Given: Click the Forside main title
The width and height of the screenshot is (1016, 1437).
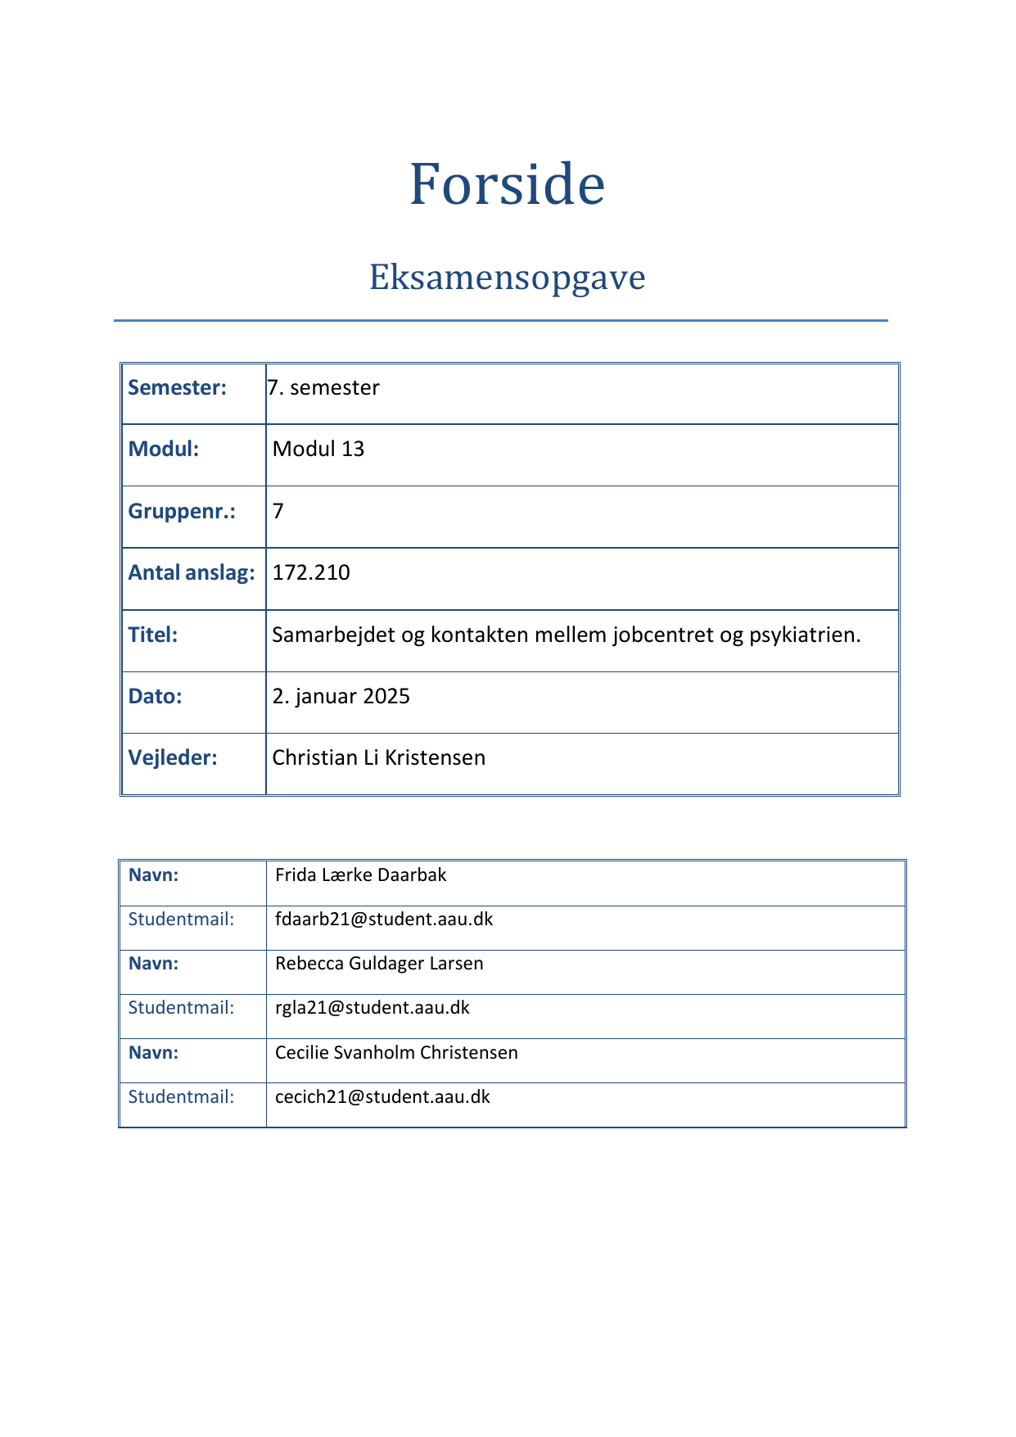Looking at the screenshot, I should click(x=507, y=184).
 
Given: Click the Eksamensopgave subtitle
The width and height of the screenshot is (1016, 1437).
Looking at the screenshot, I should click(x=507, y=278).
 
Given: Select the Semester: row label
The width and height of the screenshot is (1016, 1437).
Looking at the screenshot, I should click(x=177, y=387).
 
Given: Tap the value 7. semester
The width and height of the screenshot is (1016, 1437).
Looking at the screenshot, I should click(x=323, y=387).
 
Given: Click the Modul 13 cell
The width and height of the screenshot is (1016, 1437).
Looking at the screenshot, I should click(x=318, y=449).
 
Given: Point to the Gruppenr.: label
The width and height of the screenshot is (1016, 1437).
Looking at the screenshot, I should click(x=182, y=511).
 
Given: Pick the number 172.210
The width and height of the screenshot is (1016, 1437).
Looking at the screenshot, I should click(x=311, y=572).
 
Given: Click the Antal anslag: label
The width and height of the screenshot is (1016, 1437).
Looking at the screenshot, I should click(x=192, y=572).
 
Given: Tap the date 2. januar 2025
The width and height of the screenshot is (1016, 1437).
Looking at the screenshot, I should click(x=341, y=696).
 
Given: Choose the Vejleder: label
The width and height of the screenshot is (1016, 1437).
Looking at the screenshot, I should click(x=173, y=757).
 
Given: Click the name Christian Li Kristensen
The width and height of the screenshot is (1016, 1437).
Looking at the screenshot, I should click(x=378, y=757).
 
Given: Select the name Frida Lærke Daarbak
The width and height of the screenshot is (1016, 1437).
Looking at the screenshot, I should click(x=361, y=874).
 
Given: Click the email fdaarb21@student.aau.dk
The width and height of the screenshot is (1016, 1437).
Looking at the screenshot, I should click(x=384, y=919).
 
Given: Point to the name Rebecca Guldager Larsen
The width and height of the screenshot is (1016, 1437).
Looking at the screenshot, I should click(x=379, y=963).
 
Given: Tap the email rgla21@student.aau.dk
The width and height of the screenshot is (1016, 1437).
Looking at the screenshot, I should click(x=373, y=1007).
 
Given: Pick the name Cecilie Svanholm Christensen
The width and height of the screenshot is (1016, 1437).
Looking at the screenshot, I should click(x=396, y=1052).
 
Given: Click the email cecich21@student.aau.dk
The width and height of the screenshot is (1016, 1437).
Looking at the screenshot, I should click(x=382, y=1096).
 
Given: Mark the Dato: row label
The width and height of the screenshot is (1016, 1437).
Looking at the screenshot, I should click(x=155, y=696).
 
